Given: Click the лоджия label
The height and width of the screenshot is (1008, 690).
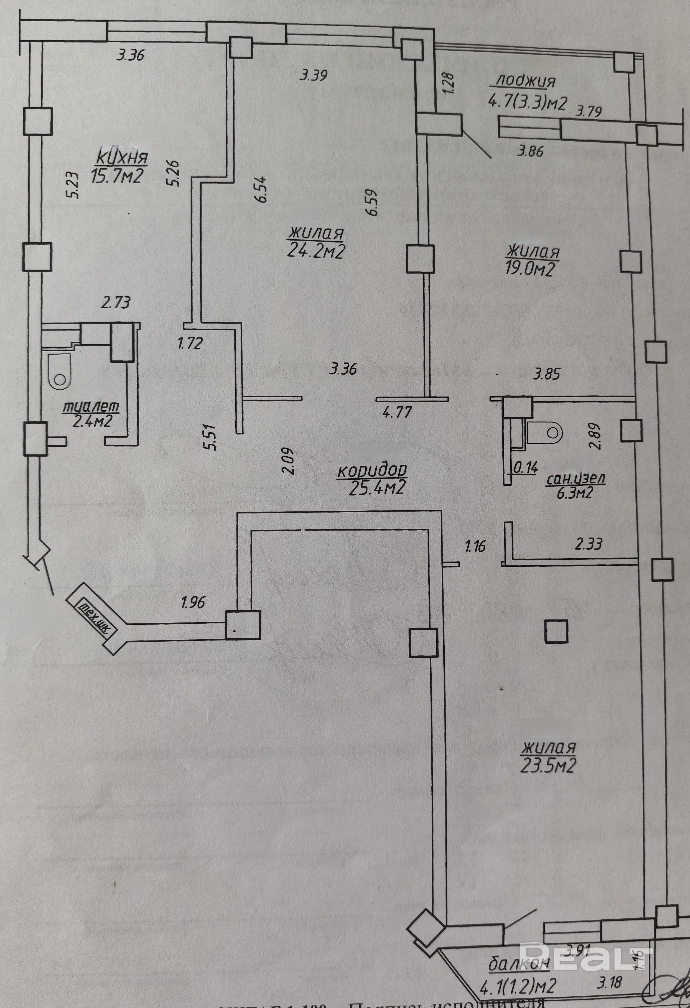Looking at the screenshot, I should click(x=525, y=81).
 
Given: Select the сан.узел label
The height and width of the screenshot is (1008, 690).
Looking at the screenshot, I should click(x=576, y=479).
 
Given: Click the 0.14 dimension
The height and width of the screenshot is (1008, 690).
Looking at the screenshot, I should click(x=526, y=468).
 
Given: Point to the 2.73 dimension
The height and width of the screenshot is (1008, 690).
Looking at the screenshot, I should click(x=115, y=302).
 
